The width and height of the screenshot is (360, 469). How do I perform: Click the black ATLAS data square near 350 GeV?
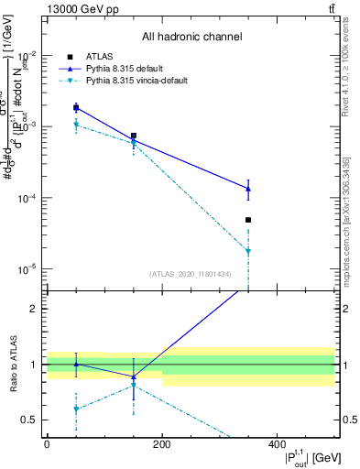tap(248, 220)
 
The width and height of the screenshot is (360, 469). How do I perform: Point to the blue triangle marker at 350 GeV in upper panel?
tap(248, 189)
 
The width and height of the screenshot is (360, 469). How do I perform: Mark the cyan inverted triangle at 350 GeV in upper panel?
tap(248, 251)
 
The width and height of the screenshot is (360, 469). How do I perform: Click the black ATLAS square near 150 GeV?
tap(134, 136)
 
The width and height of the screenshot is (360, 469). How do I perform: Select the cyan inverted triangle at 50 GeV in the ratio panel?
tap(76, 409)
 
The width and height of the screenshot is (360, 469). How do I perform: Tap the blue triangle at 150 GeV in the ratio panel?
tap(134, 376)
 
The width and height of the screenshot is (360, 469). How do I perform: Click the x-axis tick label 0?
tap(47, 442)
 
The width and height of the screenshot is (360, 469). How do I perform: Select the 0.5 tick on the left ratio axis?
tap(34, 420)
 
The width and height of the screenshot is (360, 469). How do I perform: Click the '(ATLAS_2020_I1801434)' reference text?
tap(191, 274)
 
